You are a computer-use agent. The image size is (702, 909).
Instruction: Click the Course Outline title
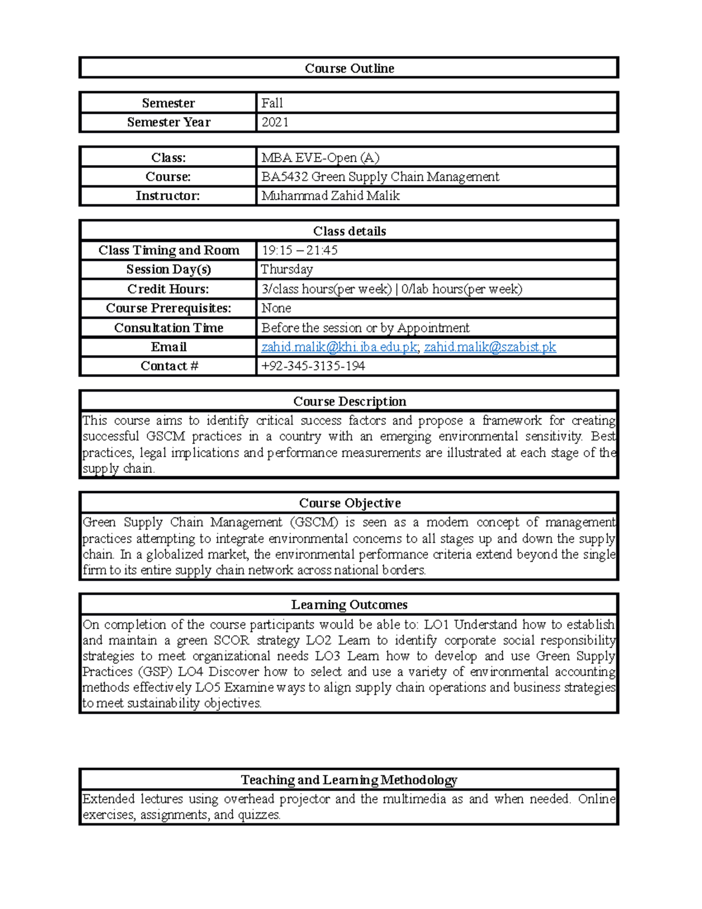[x=349, y=68]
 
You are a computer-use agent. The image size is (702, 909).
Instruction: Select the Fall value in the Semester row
[x=272, y=103]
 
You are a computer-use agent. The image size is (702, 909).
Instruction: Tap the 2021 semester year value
[x=275, y=122]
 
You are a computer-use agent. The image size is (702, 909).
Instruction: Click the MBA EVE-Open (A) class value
[x=320, y=157]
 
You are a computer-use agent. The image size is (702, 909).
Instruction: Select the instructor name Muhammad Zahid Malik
[x=330, y=196]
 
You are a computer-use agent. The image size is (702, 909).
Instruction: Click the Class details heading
[x=349, y=231]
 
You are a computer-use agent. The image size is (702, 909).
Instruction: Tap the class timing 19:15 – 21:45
[x=299, y=251]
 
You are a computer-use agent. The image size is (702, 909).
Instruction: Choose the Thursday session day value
[x=287, y=269]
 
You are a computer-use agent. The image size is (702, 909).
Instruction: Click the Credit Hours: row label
[x=168, y=289]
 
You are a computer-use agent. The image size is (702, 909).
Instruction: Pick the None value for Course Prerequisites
[x=276, y=308]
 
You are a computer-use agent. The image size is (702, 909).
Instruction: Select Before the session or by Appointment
[x=365, y=328]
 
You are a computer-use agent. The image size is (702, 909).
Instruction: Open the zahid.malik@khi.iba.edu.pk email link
[x=339, y=347]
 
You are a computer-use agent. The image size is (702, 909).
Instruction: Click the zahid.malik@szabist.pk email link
[x=490, y=347]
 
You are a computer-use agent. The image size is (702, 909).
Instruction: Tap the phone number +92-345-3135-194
[x=313, y=366]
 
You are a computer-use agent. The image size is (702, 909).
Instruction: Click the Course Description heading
[x=349, y=402]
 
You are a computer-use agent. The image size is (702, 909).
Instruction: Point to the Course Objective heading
[x=349, y=503]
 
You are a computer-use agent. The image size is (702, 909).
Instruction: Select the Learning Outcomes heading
[x=349, y=605]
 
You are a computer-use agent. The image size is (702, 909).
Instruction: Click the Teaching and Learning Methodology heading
[x=349, y=780]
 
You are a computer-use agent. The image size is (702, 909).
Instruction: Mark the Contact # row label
[x=169, y=366]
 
